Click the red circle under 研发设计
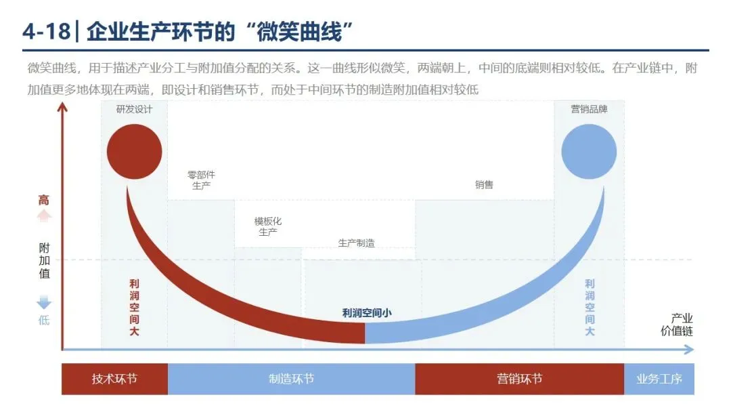click(134, 152)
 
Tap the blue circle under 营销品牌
click(589, 152)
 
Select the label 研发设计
click(134, 109)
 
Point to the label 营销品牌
click(590, 109)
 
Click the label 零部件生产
click(201, 180)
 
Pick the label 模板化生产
click(267, 226)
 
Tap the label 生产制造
click(356, 243)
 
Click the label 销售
click(484, 185)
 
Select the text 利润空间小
click(367, 313)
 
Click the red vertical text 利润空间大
click(134, 308)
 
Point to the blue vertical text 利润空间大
click(590, 308)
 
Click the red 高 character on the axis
click(44, 200)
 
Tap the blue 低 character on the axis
click(44, 320)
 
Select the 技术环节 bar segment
click(114, 379)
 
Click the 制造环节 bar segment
click(291, 379)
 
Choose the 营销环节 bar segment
click(520, 379)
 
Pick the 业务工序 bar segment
click(659, 379)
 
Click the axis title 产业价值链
click(677, 325)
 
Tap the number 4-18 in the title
click(46, 32)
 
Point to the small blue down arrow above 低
click(44, 302)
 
